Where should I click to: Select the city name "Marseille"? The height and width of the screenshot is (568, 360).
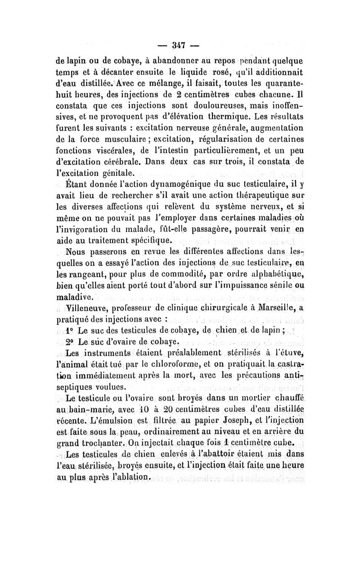click(274, 308)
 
